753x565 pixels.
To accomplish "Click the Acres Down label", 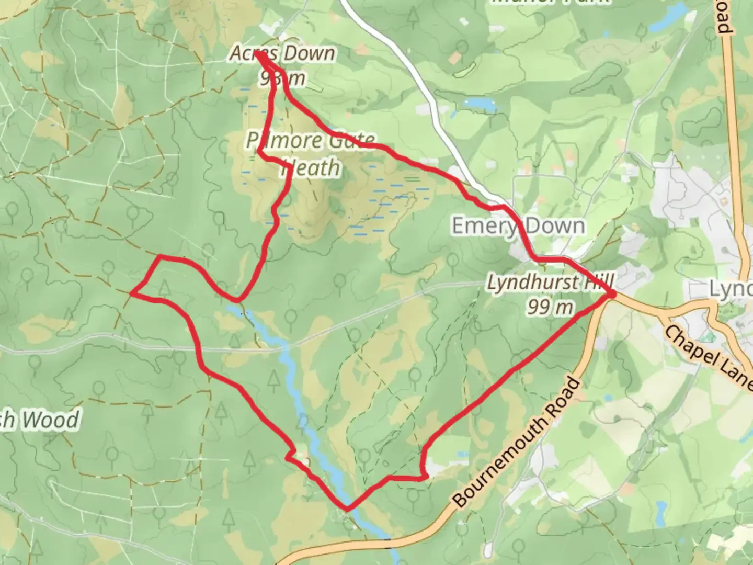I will point(282,53).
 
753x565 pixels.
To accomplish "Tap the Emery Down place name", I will point(518,226).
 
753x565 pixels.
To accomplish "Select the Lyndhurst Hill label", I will point(550,283).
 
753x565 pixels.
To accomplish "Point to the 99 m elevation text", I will point(550,307).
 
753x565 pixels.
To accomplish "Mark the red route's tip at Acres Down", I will point(257,53).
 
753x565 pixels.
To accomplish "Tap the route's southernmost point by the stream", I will point(347,507).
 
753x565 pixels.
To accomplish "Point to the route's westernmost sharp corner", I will point(132,294).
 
